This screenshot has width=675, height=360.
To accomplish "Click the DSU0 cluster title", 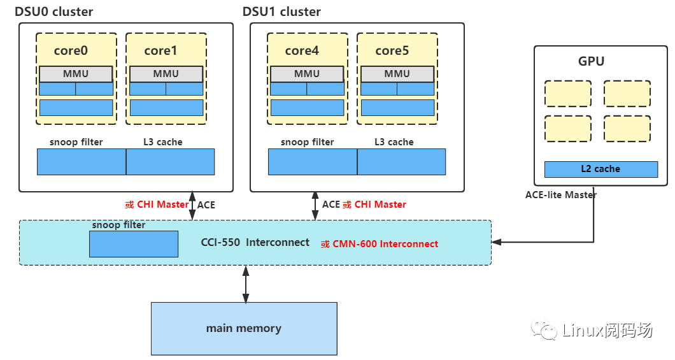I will [x=53, y=12].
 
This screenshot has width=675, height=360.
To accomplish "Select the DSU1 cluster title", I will [x=281, y=12].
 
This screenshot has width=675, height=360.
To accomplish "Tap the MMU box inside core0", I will [x=76, y=74].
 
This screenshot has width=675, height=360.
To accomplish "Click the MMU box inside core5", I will [x=397, y=74].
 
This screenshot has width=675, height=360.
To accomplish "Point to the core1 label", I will [x=160, y=50].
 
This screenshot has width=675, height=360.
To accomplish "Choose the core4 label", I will [x=302, y=50].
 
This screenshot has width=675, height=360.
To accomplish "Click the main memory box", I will [x=244, y=329].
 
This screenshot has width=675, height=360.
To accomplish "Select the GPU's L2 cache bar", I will [x=600, y=169].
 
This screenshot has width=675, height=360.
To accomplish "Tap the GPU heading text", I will [x=591, y=62].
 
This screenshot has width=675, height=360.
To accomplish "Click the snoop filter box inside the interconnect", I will [x=134, y=244].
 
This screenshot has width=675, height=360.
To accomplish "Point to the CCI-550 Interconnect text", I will [x=255, y=243].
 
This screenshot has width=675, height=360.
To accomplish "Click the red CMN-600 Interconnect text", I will [x=380, y=244].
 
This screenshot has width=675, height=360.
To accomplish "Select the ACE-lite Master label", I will [x=561, y=195].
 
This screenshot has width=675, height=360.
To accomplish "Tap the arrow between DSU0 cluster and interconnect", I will [x=192, y=206].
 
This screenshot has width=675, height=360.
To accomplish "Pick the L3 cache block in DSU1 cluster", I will [x=401, y=162].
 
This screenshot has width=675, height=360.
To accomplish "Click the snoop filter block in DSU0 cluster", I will [x=82, y=162].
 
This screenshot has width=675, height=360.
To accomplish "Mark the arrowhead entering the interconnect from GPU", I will [x=497, y=242].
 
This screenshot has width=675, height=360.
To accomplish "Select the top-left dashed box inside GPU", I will [x=567, y=93].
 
